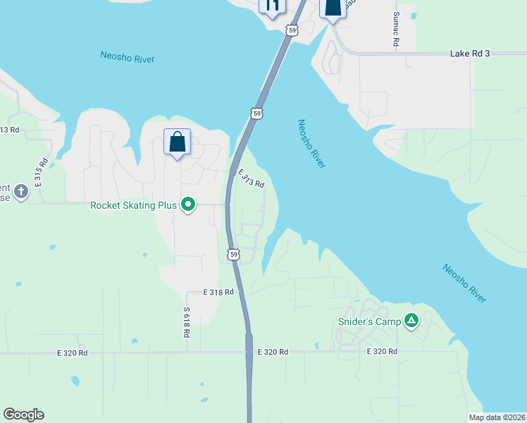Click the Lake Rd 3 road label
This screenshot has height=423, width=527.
[469, 54]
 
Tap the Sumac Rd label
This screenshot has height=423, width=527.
[396, 30]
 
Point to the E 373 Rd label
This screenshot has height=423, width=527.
[251, 179]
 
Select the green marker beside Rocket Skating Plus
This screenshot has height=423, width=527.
[188, 205]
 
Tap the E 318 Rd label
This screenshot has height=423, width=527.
[218, 292]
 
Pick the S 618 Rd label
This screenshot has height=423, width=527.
[187, 321]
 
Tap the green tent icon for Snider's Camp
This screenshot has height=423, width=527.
[411, 321]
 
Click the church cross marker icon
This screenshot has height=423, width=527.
[21, 191]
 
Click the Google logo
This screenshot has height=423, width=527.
[23, 415]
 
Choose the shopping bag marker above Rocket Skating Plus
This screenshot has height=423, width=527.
[177, 142]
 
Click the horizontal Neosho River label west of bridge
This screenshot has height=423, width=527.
[127, 58]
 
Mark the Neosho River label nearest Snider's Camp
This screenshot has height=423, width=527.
[464, 283]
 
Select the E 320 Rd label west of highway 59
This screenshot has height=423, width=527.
[73, 352]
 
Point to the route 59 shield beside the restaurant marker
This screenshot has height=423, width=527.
[292, 30]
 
